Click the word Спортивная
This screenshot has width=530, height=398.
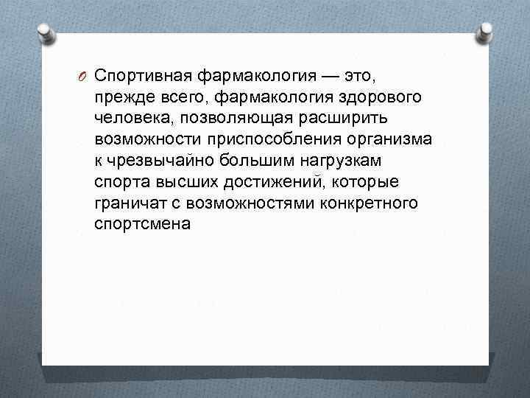pos(144,76)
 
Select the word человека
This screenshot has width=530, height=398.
pos(132,119)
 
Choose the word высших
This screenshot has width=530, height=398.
pos(180,182)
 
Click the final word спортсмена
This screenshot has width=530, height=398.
pos(142,224)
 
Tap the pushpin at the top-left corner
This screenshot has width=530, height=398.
pos(46,31)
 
